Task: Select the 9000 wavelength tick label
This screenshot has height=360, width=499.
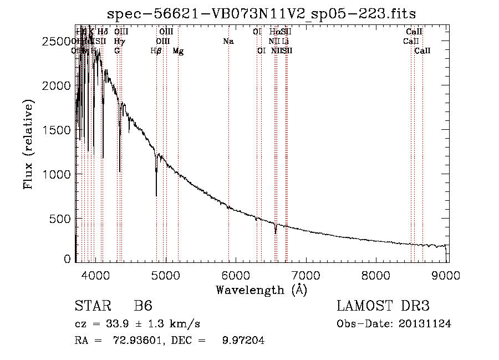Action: point(447,274)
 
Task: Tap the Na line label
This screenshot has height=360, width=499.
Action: point(228,41)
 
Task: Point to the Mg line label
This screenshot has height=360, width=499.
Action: point(178,50)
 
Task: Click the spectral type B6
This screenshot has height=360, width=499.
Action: point(143,306)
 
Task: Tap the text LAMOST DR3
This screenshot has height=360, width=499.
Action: point(383,306)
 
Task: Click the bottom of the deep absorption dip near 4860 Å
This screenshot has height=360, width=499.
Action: point(156,195)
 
